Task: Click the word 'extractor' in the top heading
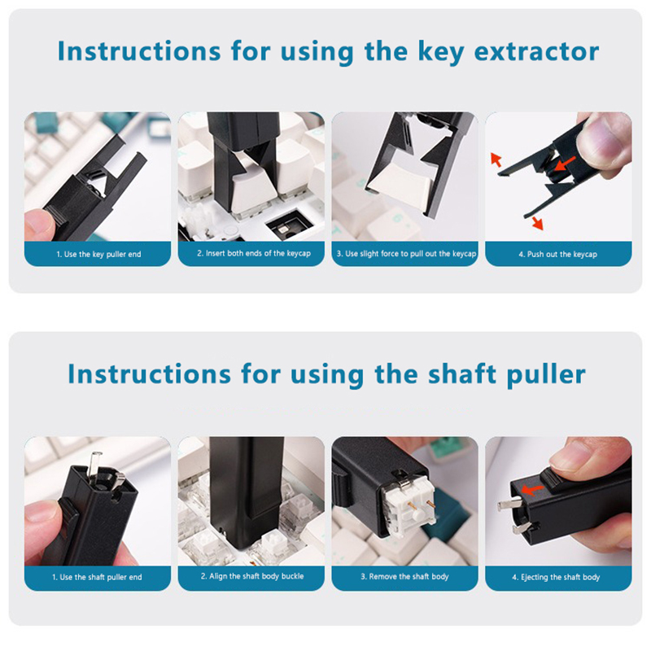(x=536, y=51)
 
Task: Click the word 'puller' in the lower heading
(x=546, y=375)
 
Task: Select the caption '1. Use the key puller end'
(x=98, y=254)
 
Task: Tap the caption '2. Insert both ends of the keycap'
(x=254, y=253)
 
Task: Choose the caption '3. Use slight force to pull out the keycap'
(x=406, y=254)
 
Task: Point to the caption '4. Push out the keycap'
(x=558, y=254)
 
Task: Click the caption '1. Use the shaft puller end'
(x=97, y=577)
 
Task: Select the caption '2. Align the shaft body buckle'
(x=252, y=576)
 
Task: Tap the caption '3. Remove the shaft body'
(x=404, y=577)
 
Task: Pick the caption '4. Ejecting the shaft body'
(x=556, y=577)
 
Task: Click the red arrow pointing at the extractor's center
(x=565, y=164)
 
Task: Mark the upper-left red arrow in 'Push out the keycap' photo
(x=496, y=159)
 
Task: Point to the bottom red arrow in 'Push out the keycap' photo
(x=537, y=223)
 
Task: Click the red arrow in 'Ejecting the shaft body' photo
(x=533, y=490)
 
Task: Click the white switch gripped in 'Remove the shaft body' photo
(x=410, y=512)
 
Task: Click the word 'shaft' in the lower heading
(x=461, y=374)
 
